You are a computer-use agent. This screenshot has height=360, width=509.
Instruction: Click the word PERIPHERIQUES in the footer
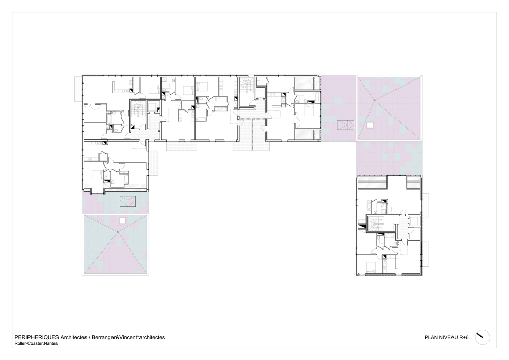(37, 337)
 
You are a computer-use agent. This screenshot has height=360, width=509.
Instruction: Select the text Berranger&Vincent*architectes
(128, 337)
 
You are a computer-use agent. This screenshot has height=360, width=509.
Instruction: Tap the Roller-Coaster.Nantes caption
(36, 343)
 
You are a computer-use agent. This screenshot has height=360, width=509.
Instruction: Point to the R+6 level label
(464, 337)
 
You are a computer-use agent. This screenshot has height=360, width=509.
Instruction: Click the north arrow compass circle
(483, 337)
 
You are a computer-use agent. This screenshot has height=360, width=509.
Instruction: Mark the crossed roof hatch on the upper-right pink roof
(346, 125)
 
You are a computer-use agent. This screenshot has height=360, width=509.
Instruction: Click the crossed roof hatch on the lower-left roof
(128, 202)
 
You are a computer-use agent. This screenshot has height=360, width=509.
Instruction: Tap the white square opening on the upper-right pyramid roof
(370, 125)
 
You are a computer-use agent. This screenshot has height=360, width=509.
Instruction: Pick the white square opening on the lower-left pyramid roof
(122, 220)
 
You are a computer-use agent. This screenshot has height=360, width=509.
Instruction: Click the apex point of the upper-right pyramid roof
(374, 100)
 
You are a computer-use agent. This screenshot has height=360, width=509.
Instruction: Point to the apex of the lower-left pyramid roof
(118, 232)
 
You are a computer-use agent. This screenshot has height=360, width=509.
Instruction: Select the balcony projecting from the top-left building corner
(78, 89)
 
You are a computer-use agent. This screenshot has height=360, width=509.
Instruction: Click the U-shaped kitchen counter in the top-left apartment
(121, 87)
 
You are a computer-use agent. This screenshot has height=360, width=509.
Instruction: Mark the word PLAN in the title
(430, 337)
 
